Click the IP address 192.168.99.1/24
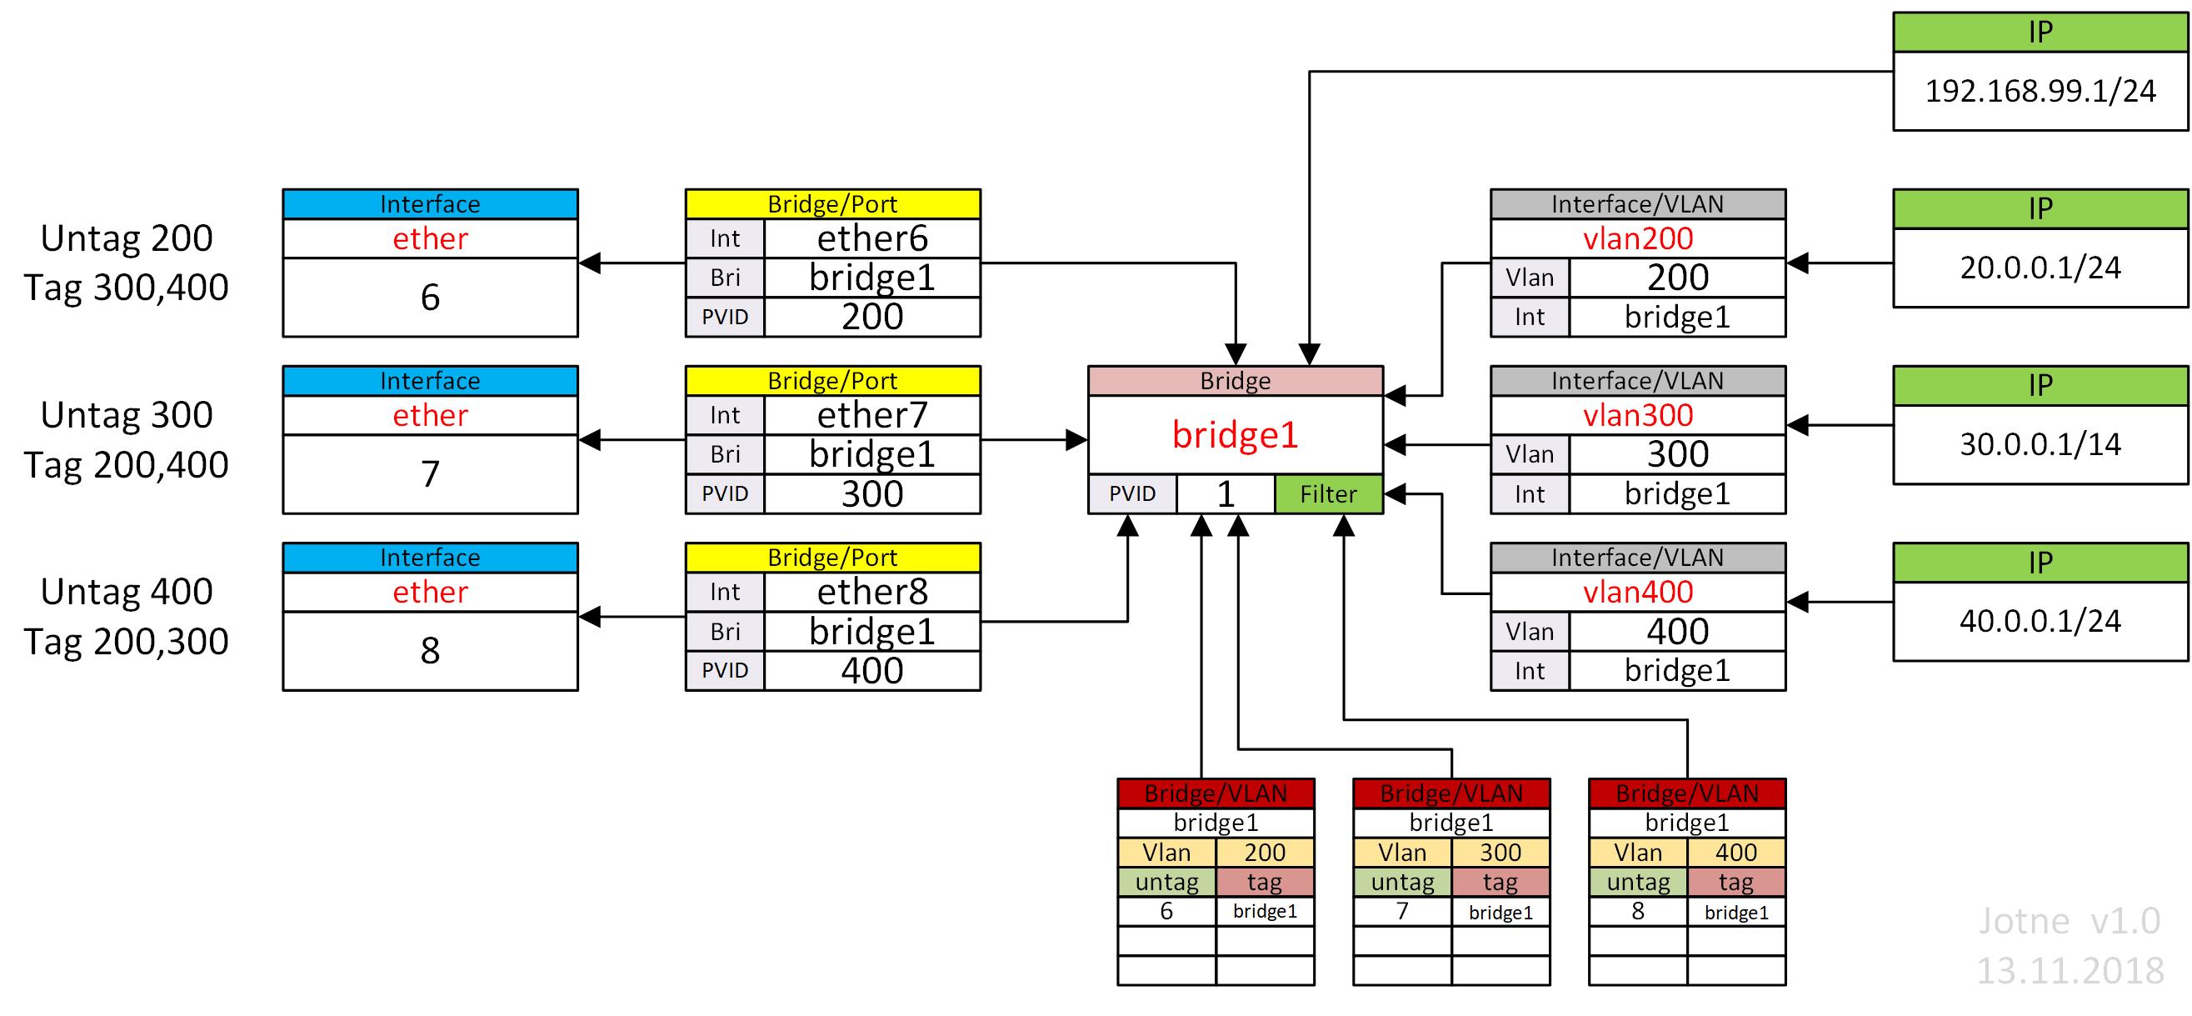pyautogui.click(x=2040, y=91)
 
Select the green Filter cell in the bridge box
pyautogui.click(x=1327, y=494)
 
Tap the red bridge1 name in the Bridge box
pyautogui.click(x=1235, y=435)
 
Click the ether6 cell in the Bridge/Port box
pyautogui.click(x=871, y=238)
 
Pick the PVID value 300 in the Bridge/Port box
pyautogui.click(x=871, y=494)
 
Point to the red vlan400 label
pyautogui.click(x=1637, y=593)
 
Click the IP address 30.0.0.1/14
pyautogui.click(x=2040, y=444)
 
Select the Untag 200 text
pyautogui.click(x=127, y=238)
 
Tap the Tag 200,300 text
pyautogui.click(x=127, y=642)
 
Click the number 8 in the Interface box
pyautogui.click(x=430, y=651)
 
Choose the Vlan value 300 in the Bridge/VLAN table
pyautogui.click(x=1500, y=853)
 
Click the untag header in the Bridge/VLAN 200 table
pyautogui.click(x=1166, y=883)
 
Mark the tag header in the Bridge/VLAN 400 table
pyautogui.click(x=1736, y=883)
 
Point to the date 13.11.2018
pyautogui.click(x=2070, y=971)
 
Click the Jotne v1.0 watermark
pyautogui.click(x=2070, y=922)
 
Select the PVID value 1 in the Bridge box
pyautogui.click(x=1225, y=494)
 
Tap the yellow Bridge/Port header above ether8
pyautogui.click(x=832, y=558)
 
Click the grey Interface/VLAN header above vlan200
pyautogui.click(x=1637, y=204)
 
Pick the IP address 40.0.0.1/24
pyautogui.click(x=2040, y=621)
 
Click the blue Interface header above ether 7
pyautogui.click(x=430, y=380)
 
